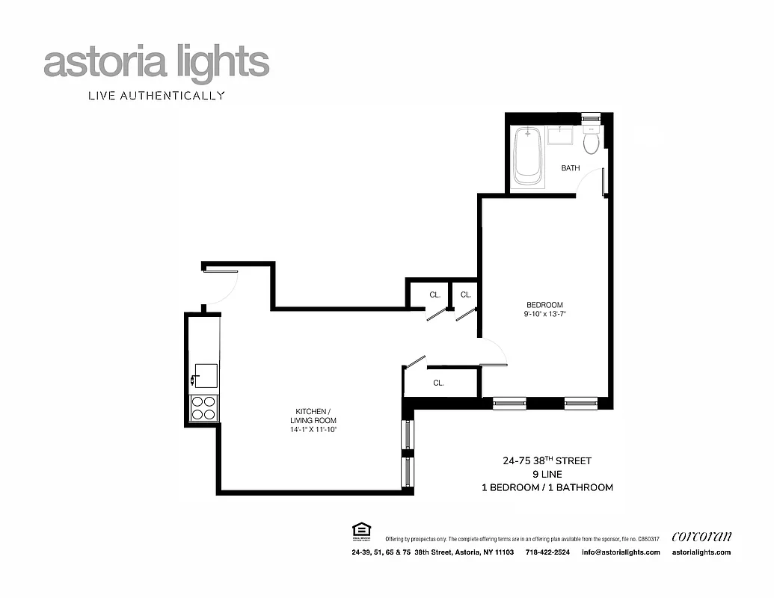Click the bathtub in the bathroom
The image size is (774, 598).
528,157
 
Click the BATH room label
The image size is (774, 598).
571,168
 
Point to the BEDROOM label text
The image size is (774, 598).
544,305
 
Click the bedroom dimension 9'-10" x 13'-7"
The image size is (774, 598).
544,315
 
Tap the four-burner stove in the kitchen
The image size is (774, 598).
203,408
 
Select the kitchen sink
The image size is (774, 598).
205,375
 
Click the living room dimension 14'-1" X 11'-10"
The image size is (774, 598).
313,430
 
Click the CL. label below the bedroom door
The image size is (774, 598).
438,383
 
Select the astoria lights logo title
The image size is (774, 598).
156,63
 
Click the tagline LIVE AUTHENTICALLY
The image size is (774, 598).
156,96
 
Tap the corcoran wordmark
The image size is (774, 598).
701,536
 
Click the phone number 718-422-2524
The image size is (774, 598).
547,552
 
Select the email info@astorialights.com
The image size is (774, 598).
620,552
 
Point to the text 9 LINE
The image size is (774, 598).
547,474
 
